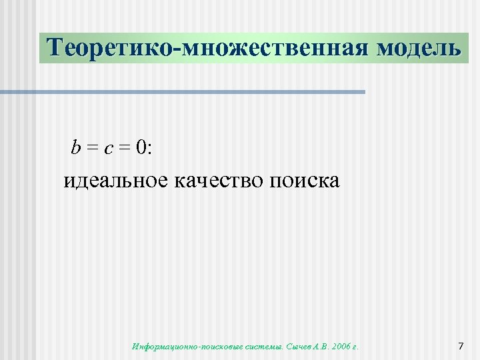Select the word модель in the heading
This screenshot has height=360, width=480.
pyautogui.click(x=418, y=48)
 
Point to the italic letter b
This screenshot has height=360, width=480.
pyautogui.click(x=76, y=148)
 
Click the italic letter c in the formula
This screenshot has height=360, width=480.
pyautogui.click(x=108, y=149)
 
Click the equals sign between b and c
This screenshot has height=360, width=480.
pyautogui.click(x=92, y=149)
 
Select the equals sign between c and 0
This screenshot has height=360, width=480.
pyautogui.click(x=124, y=149)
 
